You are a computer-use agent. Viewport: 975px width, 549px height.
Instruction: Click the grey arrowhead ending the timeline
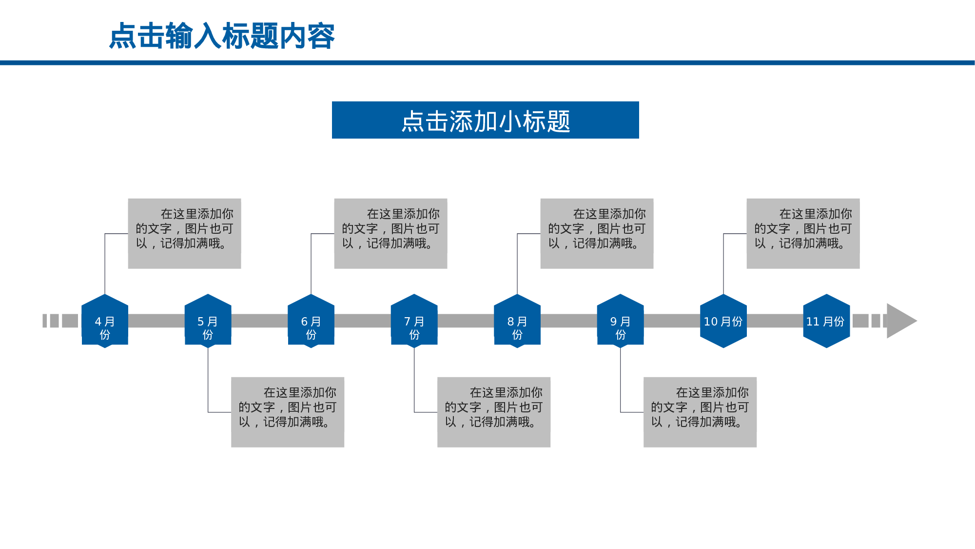coord(900,321)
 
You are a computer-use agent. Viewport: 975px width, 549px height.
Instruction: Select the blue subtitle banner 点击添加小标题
coord(485,120)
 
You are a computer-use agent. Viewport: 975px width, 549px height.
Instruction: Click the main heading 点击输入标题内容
coord(222,36)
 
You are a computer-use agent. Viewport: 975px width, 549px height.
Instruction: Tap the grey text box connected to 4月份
coord(184,233)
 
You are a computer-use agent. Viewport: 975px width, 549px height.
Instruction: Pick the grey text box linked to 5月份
coord(288,412)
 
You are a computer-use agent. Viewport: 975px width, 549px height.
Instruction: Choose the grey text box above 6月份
coord(390,233)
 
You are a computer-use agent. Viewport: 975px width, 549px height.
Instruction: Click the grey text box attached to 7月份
coord(494,412)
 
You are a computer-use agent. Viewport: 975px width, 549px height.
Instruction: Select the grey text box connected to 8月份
coord(597,233)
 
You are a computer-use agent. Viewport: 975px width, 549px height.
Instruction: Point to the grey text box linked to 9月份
coord(700,412)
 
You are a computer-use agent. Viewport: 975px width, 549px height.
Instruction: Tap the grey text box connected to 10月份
coord(803,233)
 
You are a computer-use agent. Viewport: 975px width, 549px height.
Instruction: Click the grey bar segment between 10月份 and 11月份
coord(775,321)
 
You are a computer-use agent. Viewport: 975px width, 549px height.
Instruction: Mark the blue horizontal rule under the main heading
coord(487,62)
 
